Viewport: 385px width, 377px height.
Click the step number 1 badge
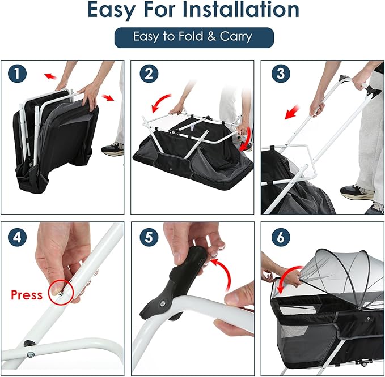click(x=17, y=74)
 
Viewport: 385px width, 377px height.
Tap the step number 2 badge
click(x=149, y=74)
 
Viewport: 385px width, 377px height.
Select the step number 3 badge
click(x=281, y=74)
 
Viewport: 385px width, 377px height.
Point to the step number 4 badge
click(x=17, y=237)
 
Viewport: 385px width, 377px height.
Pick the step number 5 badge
click(x=149, y=237)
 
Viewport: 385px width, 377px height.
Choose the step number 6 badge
click(x=281, y=237)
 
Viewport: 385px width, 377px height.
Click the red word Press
click(x=27, y=295)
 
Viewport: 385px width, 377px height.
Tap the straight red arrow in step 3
click(x=292, y=112)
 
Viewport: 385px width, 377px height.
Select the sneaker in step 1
click(x=113, y=149)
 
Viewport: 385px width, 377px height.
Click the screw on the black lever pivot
click(x=162, y=304)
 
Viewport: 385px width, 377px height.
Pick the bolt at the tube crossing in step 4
click(x=31, y=354)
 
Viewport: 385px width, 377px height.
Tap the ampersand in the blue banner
click(x=211, y=37)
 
